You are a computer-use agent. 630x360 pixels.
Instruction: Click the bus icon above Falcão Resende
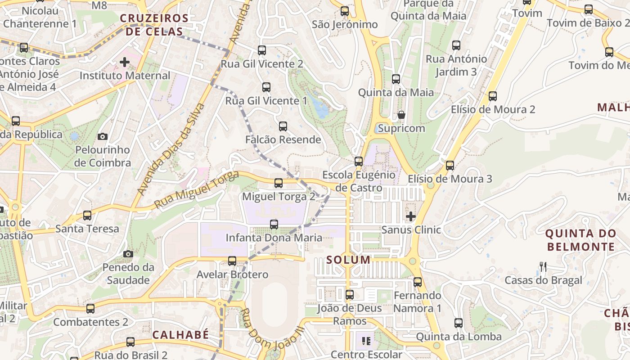pos(283,126)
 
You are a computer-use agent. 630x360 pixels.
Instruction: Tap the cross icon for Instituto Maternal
pos(125,62)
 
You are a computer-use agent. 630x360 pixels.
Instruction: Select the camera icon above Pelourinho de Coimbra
pos(103,136)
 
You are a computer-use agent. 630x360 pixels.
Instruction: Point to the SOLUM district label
pos(348,260)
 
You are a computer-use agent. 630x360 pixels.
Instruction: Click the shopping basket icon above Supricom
pos(401,115)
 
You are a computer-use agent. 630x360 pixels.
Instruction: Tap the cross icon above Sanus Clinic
pos(410,216)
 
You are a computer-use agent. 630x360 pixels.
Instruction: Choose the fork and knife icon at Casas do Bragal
pos(543,267)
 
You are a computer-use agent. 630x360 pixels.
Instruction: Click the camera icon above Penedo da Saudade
pos(128,254)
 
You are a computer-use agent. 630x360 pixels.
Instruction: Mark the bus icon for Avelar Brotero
pos(232,261)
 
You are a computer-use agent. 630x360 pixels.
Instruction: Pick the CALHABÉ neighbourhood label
pos(180,335)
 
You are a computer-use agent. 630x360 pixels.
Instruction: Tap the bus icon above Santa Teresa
pos(87,216)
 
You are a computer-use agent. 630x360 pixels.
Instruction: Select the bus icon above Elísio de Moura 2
pos(493,96)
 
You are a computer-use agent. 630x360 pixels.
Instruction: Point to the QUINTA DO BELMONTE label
pos(580,240)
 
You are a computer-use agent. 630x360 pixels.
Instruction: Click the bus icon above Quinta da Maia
pos(396,79)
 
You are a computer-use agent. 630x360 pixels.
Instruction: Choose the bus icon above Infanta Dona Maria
pos(274,224)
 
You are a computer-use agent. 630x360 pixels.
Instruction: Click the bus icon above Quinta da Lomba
pos(459,323)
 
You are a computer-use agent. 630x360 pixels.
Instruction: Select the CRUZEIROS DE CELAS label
pos(154,25)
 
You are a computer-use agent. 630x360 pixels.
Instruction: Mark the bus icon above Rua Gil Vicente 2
pos(262,50)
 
